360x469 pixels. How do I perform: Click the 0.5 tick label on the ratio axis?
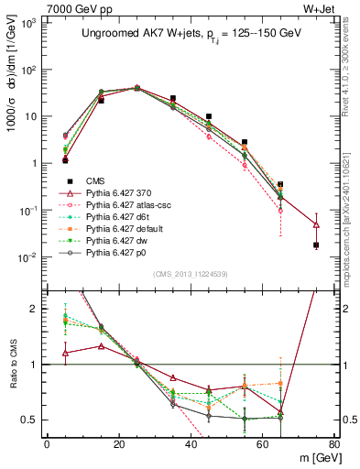[x=29, y=420]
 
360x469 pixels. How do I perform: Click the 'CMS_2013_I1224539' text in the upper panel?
[x=191, y=272]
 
